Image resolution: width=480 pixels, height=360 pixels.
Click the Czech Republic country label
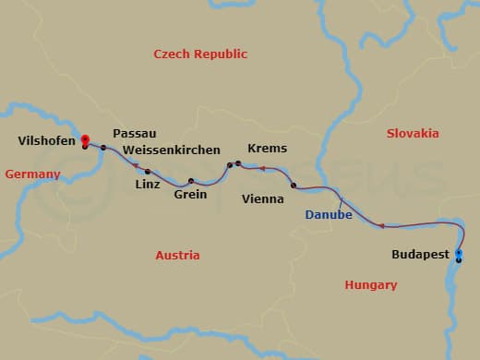point(200,54)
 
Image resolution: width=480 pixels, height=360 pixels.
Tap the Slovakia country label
point(412,133)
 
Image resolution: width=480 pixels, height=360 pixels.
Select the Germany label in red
point(32,174)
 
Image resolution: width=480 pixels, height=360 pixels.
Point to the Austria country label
point(177,255)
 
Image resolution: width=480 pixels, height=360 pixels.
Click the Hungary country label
point(370,285)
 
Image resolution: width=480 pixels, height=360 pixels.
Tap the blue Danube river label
point(328,215)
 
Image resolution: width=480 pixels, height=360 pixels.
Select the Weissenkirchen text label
point(171,150)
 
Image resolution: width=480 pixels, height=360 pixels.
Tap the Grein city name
point(190,195)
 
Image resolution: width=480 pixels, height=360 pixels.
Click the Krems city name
point(268,149)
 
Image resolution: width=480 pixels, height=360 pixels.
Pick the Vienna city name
point(262,198)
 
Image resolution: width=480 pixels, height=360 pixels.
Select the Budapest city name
point(420,254)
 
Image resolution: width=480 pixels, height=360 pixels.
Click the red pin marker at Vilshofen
point(84,139)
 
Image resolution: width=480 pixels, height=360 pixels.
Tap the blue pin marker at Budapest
point(459,252)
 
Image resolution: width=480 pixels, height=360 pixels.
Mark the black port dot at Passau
point(103,148)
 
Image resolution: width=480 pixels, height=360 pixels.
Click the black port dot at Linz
point(147,171)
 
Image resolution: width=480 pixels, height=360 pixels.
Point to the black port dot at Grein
point(191,181)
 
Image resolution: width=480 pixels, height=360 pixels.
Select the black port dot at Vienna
point(294,186)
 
